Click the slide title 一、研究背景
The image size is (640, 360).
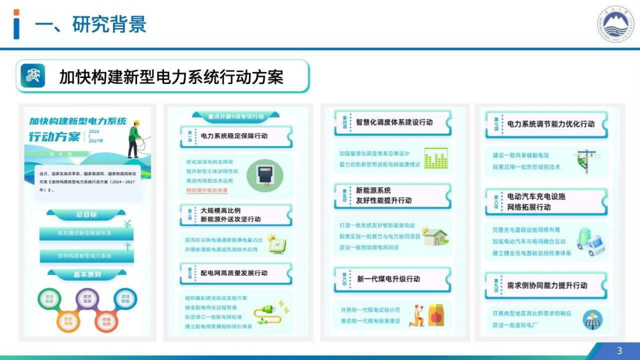90,25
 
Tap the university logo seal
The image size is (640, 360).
616,25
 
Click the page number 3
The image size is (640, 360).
619,351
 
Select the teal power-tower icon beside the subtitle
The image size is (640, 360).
33,76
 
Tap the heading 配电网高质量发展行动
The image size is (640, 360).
234,273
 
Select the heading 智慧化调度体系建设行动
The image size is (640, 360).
394,122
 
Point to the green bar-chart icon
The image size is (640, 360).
435,158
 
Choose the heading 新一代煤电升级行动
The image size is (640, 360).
388,279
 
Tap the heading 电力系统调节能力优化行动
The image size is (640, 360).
551,124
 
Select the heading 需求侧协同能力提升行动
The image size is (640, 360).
547,285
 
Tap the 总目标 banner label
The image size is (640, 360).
86,215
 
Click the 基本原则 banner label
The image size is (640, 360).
87,274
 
